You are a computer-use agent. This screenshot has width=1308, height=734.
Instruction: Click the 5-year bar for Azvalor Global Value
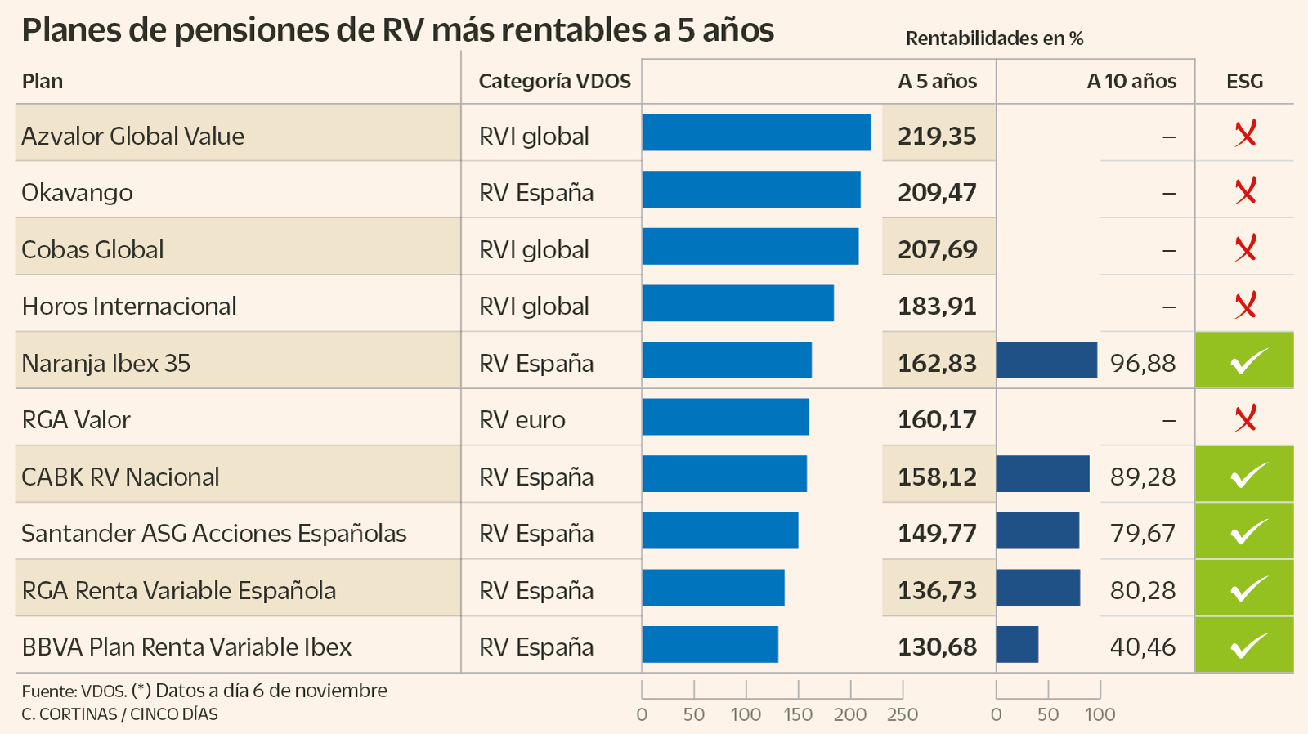[756, 132]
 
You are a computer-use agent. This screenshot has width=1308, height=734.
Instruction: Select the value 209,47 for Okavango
[937, 193]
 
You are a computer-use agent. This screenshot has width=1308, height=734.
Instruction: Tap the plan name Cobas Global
[92, 250]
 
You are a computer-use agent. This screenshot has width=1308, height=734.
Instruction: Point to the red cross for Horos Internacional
[1245, 305]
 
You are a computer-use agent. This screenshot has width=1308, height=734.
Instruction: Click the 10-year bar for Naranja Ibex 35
[1046, 360]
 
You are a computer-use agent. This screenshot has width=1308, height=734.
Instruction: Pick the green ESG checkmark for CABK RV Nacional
[1245, 475]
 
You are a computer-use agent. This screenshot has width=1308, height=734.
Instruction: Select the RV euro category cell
[522, 420]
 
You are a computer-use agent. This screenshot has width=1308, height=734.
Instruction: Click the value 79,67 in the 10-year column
[1142, 534]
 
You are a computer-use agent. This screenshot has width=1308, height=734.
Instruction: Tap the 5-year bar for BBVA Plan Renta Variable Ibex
[710, 644]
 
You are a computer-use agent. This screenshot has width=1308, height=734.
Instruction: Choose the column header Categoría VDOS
[554, 82]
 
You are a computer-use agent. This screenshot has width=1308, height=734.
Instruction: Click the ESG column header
[1244, 82]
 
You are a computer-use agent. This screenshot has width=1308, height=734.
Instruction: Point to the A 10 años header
[1131, 82]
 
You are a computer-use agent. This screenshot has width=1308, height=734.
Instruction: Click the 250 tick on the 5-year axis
[903, 714]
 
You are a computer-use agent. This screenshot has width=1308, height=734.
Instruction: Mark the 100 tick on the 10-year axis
[1100, 714]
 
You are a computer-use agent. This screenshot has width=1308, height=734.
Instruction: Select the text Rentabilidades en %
[994, 38]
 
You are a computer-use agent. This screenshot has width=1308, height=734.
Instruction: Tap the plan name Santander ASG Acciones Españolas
[214, 534]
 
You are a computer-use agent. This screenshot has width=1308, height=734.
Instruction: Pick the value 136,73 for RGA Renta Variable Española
[937, 591]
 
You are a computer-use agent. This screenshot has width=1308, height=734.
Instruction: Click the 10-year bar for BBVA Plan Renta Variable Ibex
[1017, 644]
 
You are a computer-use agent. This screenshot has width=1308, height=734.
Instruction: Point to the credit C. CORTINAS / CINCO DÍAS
[119, 714]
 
